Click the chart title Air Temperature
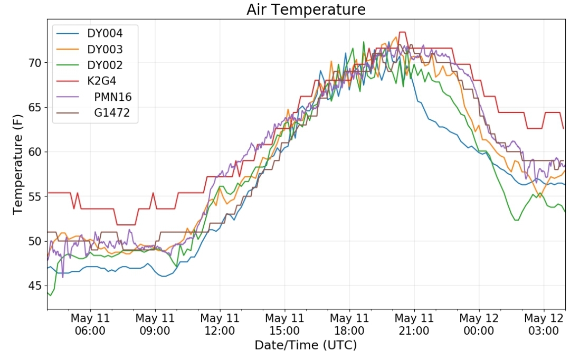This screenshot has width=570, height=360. (x=306, y=10)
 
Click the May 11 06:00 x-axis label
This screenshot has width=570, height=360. (x=90, y=324)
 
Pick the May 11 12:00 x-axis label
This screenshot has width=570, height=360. (x=220, y=324)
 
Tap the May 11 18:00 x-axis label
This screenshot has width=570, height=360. (x=349, y=324)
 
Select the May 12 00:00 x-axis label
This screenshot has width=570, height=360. (x=479, y=324)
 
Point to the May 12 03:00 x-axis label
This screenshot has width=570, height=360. (x=544, y=324)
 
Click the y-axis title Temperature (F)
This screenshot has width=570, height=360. (x=17, y=164)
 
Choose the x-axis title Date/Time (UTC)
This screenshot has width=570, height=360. (x=306, y=345)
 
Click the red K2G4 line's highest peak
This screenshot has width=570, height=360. (x=402, y=32)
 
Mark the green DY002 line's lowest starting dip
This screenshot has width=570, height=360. (x=51, y=295)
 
